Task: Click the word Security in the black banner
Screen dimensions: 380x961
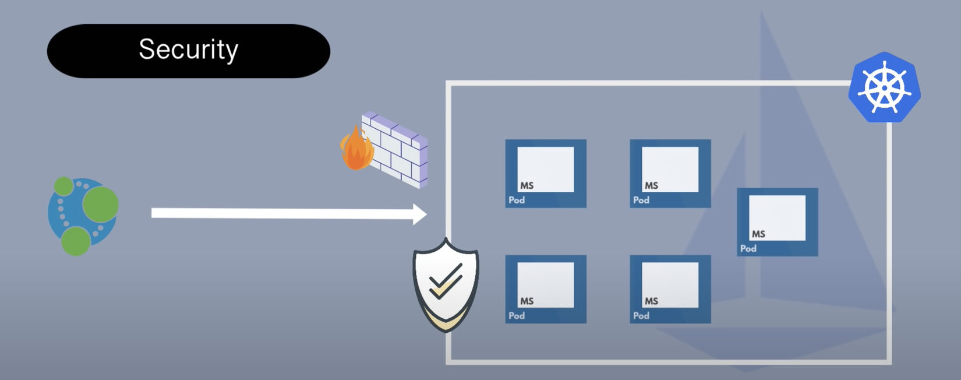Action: coord(188,50)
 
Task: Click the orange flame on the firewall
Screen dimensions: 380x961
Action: coord(356,150)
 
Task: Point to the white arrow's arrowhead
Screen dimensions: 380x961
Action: coord(419,214)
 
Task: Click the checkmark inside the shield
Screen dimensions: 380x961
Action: coord(446,280)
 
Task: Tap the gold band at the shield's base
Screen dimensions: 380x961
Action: coord(446,319)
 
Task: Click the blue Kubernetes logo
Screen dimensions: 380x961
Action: coord(884,88)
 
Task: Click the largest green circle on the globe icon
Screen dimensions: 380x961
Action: coord(100,204)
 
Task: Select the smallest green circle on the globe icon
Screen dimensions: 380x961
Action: coord(63,187)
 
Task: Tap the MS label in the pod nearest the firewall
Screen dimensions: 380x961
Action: coord(527,185)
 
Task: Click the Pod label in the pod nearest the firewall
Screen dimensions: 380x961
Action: coord(517,200)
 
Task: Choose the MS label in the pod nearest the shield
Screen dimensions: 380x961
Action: coord(527,301)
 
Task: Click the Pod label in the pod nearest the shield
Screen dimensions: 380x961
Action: coord(517,315)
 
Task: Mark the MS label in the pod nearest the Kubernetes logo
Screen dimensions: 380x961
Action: coord(758,234)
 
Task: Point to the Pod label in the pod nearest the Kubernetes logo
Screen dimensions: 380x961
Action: coord(748,248)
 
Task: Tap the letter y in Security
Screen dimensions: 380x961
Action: coord(232,52)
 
